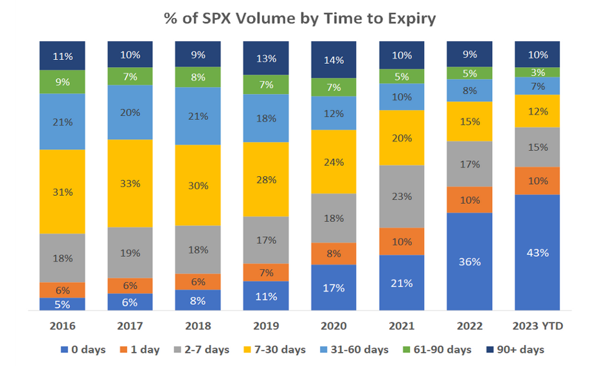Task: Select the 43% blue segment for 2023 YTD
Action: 538,252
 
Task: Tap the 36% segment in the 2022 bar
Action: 470,262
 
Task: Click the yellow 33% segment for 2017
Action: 130,183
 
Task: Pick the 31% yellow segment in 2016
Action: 62,192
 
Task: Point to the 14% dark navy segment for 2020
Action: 333,60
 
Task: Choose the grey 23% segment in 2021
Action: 402,196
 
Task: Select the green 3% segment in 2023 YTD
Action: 538,72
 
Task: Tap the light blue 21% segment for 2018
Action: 198,116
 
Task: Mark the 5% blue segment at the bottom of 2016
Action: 62,304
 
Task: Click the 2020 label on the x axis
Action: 333,326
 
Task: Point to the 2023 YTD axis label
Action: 538,326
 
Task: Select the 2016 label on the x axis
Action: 62,326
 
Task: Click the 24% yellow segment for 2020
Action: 333,162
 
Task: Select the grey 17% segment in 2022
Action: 470,164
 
